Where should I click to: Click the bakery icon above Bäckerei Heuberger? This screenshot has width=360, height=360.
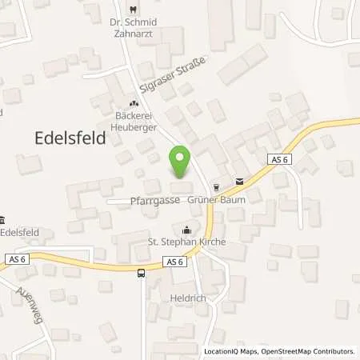pos(134,103)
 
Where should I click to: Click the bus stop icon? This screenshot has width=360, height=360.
pos(142,274)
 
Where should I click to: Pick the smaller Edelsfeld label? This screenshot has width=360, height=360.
pos(22,232)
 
